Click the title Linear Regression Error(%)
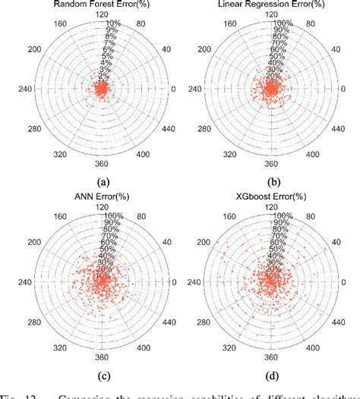[x=271, y=5]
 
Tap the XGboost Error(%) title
[x=271, y=200]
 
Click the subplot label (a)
[x=99, y=181]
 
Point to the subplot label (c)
[x=99, y=377]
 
